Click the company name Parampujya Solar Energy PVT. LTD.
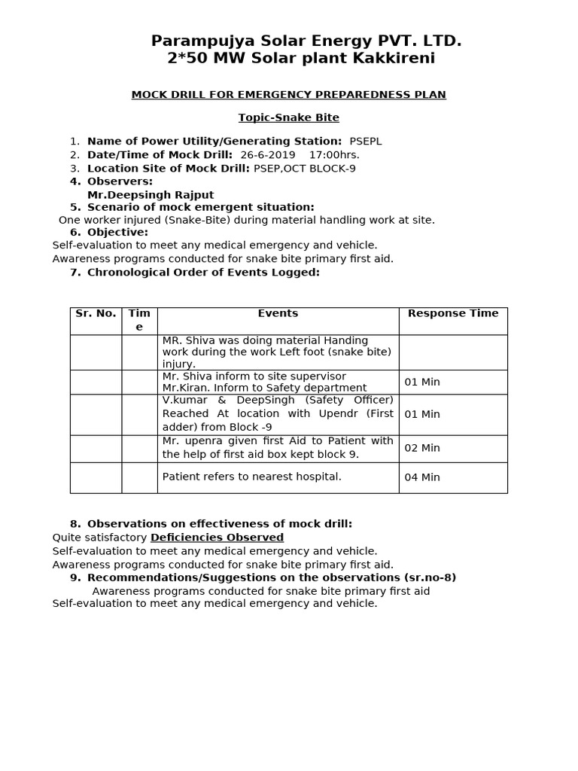(306, 41)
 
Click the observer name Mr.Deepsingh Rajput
(151, 195)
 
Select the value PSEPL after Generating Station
(366, 141)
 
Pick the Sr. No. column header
(96, 313)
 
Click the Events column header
(278, 313)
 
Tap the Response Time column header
(453, 313)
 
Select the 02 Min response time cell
(422, 448)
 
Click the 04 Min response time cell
(422, 477)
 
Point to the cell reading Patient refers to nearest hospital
(252, 477)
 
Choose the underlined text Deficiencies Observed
(217, 538)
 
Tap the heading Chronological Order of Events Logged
(203, 272)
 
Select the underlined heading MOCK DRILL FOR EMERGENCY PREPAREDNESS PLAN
(289, 94)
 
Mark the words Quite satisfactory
(99, 538)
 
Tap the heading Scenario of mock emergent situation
(200, 207)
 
